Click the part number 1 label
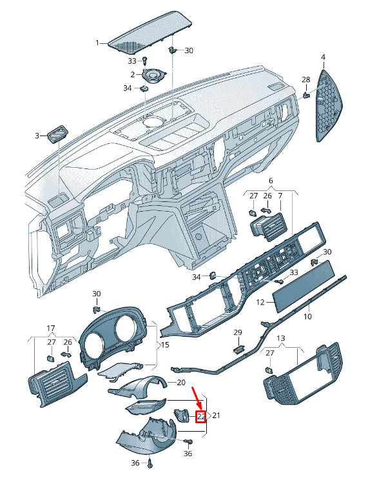97,43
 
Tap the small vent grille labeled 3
57,134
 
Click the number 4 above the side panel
323,57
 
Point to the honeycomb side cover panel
329,105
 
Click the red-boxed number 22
201,417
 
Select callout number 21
216,416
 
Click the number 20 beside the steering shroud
181,383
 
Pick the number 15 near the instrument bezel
165,345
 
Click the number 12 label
260,303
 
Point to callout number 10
307,316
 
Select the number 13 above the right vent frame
281,339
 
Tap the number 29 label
238,332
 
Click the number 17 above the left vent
51,328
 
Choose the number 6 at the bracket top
271,181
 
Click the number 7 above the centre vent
280,196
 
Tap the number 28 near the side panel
306,79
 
